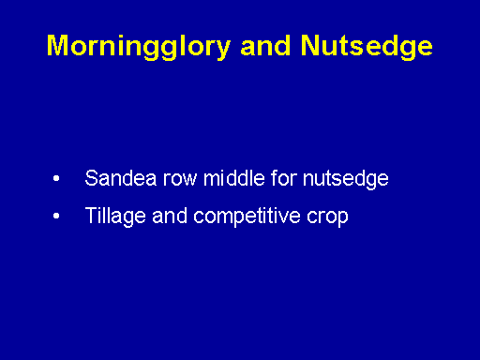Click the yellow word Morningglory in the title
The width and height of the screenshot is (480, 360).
click(x=139, y=47)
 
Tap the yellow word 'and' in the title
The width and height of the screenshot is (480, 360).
click(x=265, y=46)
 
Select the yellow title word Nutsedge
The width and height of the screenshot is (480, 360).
click(x=367, y=47)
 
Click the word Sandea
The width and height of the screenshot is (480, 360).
click(x=120, y=178)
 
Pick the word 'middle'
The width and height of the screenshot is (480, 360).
click(x=234, y=178)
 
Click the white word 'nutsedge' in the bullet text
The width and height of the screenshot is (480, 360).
click(x=346, y=180)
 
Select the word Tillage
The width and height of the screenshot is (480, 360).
click(x=115, y=217)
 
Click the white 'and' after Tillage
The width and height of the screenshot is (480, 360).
click(x=170, y=216)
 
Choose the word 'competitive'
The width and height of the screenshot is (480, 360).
click(x=247, y=217)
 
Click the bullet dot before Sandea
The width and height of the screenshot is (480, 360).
click(x=56, y=178)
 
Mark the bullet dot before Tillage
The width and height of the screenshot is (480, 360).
click(x=56, y=216)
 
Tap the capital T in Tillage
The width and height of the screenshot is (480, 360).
click(x=90, y=216)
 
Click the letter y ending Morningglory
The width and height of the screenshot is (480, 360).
click(x=223, y=51)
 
